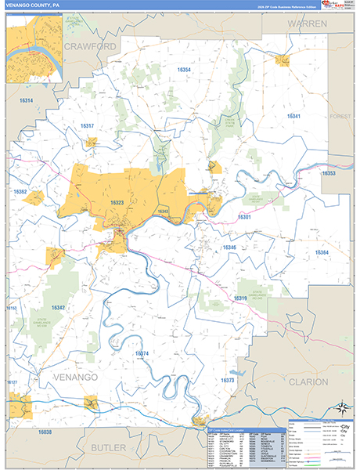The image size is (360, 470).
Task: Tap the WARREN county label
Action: pyautogui.click(x=307, y=24)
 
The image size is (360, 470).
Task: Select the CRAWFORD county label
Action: pyautogui.click(x=91, y=47)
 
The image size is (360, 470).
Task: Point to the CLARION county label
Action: pyautogui.click(x=313, y=381)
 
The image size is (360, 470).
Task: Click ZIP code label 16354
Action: pyautogui.click(x=184, y=70)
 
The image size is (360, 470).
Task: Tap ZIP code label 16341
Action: pyautogui.click(x=294, y=116)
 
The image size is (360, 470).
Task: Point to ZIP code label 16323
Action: pyautogui.click(x=117, y=203)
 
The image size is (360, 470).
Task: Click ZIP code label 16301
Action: pyautogui.click(x=245, y=217)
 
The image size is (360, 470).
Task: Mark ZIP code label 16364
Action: pyautogui.click(x=322, y=252)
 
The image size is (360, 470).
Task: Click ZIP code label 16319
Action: pyautogui.click(x=239, y=298)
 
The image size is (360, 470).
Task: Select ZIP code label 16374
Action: pyautogui.click(x=142, y=354)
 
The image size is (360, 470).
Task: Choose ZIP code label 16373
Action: pyautogui.click(x=228, y=380)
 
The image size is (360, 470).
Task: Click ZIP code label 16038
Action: pyautogui.click(x=45, y=432)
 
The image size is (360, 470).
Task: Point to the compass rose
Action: pyautogui.click(x=341, y=407)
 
